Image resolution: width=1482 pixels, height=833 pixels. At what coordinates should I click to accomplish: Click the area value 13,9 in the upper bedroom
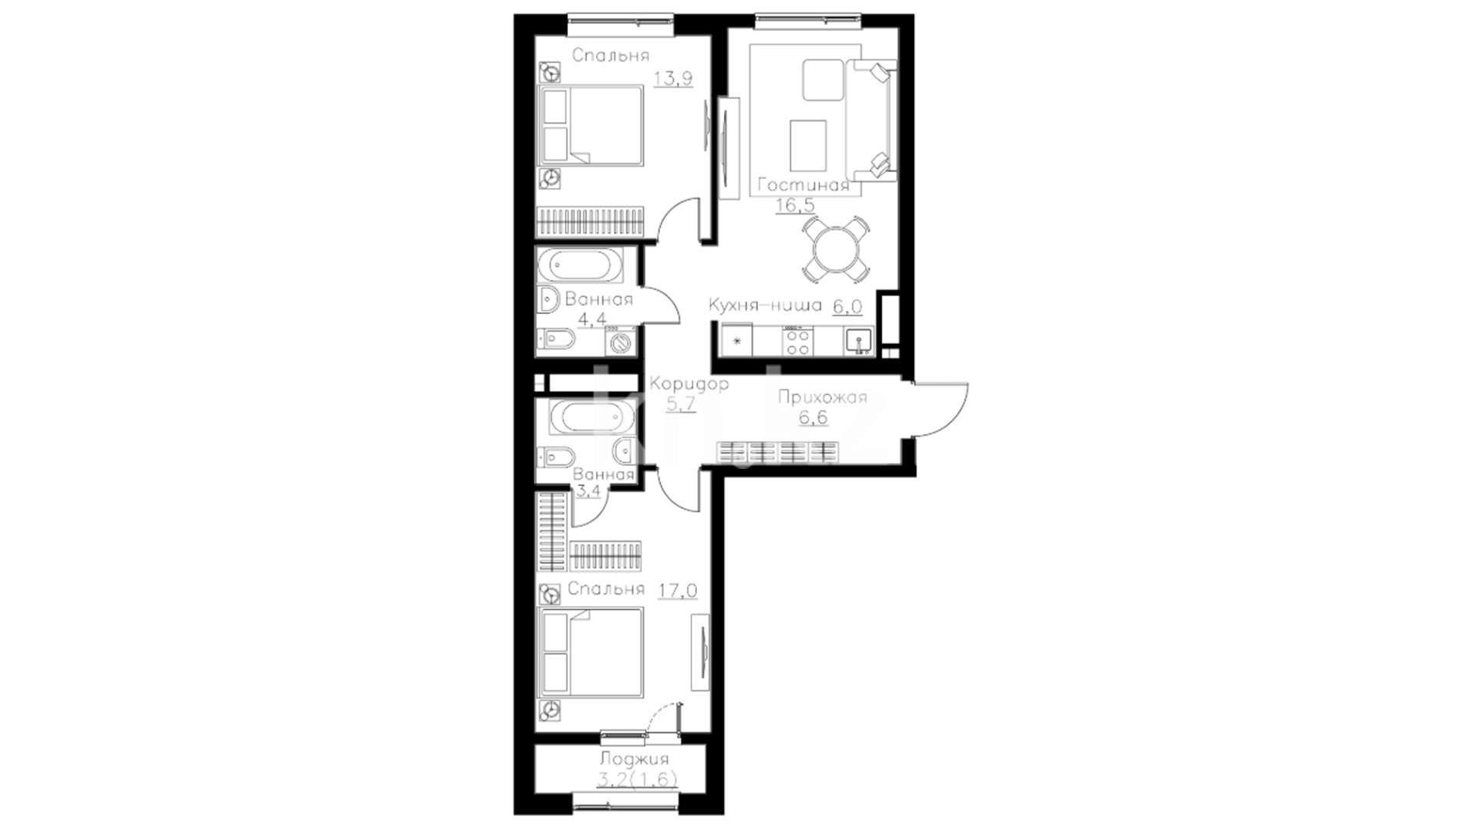(x=673, y=79)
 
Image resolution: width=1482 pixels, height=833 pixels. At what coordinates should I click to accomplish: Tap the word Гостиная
(x=804, y=185)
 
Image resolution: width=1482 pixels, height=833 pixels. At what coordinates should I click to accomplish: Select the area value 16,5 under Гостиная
(x=795, y=205)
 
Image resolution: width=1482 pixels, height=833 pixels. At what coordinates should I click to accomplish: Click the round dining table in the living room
(x=836, y=248)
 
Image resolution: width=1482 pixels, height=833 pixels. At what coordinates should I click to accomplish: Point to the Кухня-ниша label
(x=765, y=306)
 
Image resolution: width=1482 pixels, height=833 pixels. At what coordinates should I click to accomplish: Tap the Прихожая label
(x=822, y=398)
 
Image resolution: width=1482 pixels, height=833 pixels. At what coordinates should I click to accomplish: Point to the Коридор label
(x=689, y=384)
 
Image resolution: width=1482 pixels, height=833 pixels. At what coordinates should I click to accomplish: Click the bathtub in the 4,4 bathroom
(x=584, y=266)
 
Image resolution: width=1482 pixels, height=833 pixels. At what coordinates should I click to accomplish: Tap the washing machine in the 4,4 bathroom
(x=621, y=342)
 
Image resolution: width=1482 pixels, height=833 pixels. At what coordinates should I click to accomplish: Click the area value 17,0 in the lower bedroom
(x=678, y=592)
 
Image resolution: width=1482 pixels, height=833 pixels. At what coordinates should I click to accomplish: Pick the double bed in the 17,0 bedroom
(x=590, y=653)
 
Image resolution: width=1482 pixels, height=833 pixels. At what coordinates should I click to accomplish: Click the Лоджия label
(x=634, y=760)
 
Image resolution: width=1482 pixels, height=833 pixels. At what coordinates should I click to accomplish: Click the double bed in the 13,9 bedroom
(x=590, y=125)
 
